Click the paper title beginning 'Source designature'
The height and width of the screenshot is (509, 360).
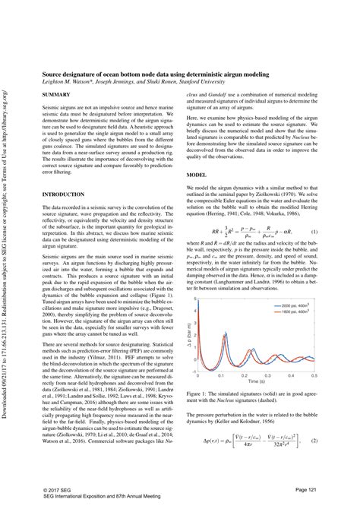click(x=161, y=67)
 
